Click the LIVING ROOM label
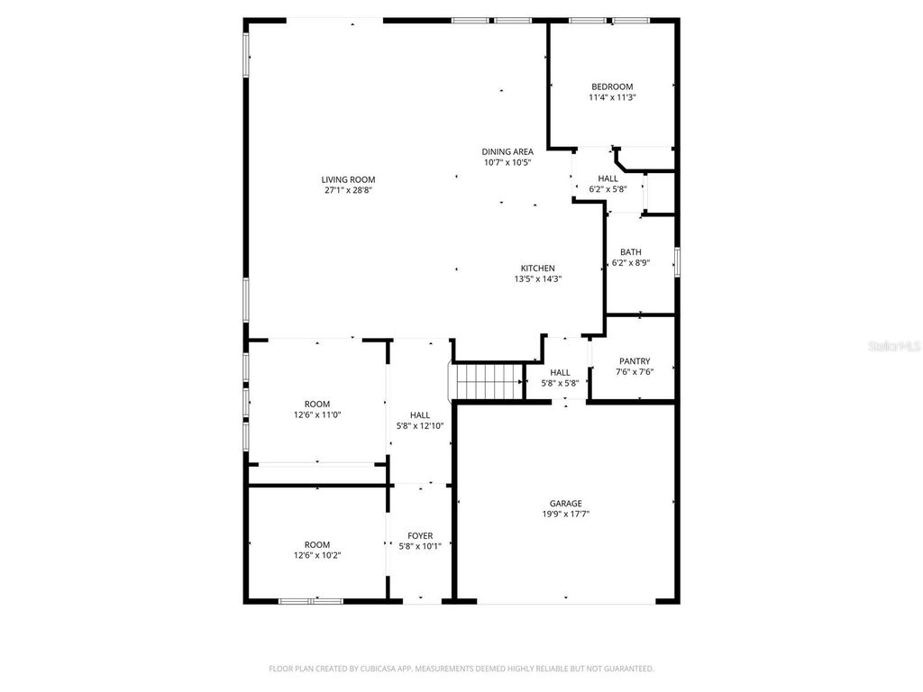[348, 179]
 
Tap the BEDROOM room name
[611, 86]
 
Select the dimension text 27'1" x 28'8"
[348, 190]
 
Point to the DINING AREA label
[507, 151]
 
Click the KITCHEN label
[537, 268]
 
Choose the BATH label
[630, 252]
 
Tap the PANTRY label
[634, 360]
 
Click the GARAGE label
[565, 503]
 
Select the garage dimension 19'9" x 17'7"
[565, 514]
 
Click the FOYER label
[420, 535]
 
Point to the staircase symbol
[488, 381]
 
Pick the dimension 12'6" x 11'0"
[316, 414]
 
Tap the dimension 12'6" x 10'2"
[316, 555]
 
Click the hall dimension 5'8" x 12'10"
[420, 425]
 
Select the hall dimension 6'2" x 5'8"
[608, 189]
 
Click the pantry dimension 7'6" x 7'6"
[634, 371]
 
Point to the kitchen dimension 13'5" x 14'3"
[537, 278]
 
